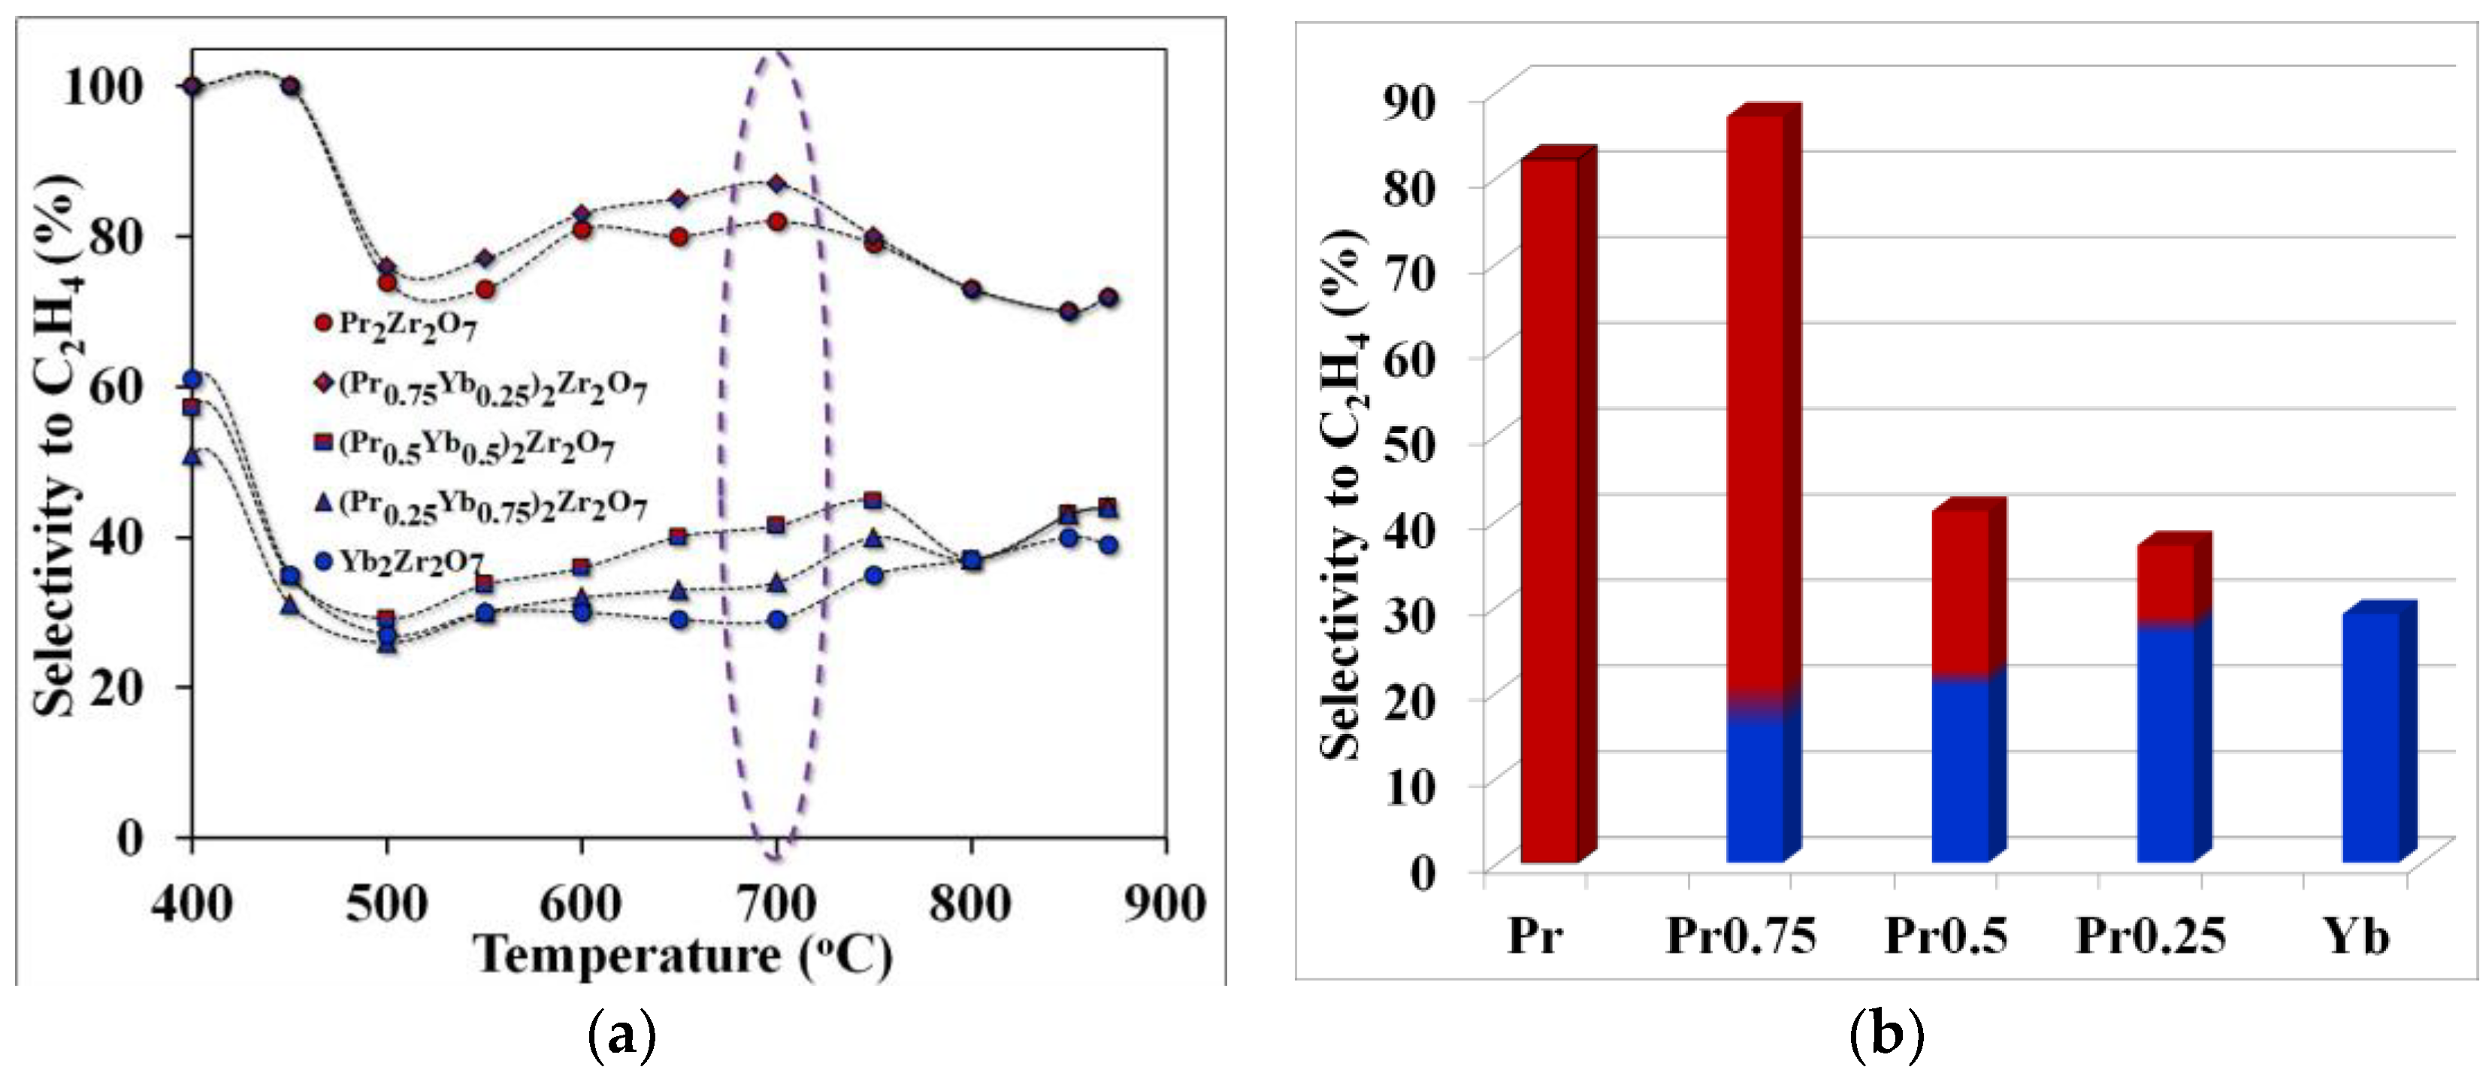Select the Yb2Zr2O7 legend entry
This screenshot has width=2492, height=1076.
pos(401,561)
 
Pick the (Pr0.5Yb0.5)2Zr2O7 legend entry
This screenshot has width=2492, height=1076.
pos(464,445)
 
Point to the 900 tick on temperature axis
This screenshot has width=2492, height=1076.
pos(1165,904)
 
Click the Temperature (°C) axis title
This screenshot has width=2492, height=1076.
pos(683,956)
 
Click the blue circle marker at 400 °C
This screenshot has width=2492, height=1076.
pos(192,379)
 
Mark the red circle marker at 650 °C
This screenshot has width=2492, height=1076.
pos(678,237)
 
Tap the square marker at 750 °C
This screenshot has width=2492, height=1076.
pos(873,500)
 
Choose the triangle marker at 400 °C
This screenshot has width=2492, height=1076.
pos(192,456)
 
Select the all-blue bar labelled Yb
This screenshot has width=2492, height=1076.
pos(2370,735)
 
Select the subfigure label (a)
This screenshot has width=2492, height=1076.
pos(622,1036)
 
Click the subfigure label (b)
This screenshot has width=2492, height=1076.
pos(1886,1036)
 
